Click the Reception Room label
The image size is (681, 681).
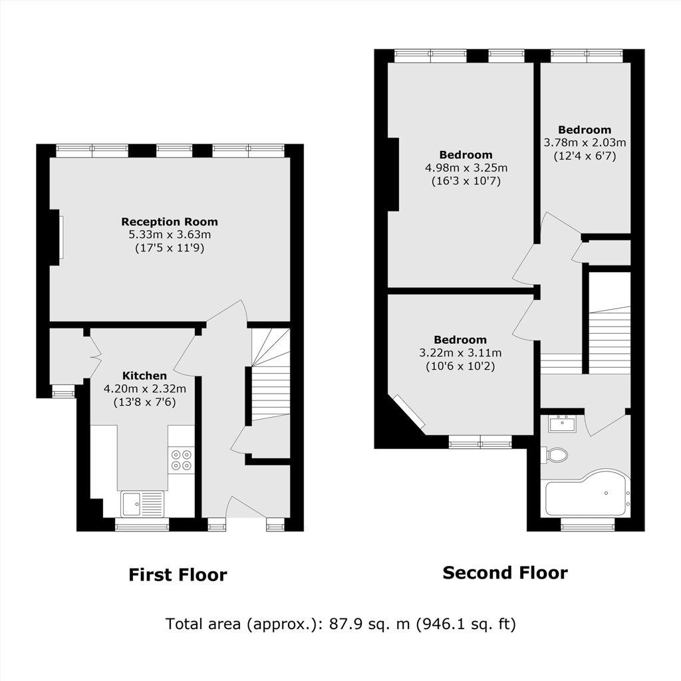(170, 222)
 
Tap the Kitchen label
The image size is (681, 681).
(144, 376)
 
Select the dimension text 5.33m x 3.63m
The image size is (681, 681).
(170, 235)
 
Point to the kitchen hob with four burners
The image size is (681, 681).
(181, 460)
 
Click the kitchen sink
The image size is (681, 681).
(142, 504)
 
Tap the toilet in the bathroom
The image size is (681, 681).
(555, 455)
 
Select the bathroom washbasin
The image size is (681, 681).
(562, 424)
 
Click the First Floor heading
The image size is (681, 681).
(178, 575)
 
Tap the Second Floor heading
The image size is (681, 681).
(505, 573)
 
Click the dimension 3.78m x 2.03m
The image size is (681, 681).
(585, 143)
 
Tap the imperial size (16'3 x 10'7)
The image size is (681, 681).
(466, 181)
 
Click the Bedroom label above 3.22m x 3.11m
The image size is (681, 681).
(460, 340)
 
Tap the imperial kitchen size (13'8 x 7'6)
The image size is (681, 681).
(144, 402)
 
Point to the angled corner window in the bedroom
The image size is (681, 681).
(409, 412)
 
